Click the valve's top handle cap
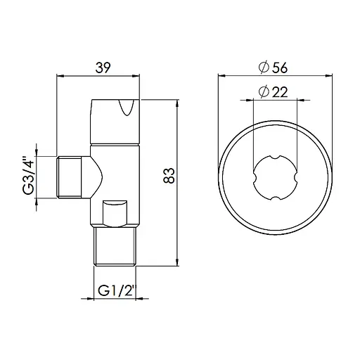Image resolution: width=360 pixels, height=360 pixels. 117,111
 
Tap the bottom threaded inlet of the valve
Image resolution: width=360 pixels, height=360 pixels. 116,246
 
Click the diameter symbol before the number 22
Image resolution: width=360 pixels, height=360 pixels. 262,91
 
